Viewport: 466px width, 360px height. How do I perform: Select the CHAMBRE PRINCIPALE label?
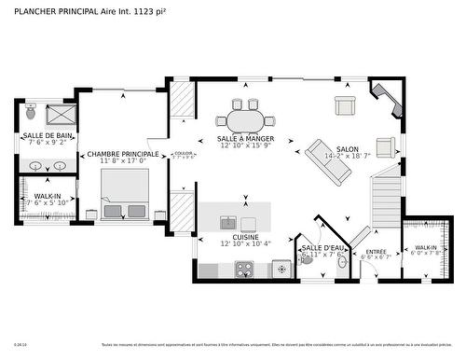tap(123, 154)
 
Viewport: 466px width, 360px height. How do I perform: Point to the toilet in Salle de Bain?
tap(31, 113)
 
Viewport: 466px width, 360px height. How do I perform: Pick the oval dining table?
tap(246, 120)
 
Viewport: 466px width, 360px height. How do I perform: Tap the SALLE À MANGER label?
tap(246, 139)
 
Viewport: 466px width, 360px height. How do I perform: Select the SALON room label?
tap(347, 149)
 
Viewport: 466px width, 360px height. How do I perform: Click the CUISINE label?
tap(245, 237)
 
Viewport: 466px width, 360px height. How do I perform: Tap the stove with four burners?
tap(245, 270)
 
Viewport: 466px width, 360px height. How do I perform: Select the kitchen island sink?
tap(227, 223)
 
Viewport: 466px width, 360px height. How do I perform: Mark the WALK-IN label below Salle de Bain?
tap(41, 196)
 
